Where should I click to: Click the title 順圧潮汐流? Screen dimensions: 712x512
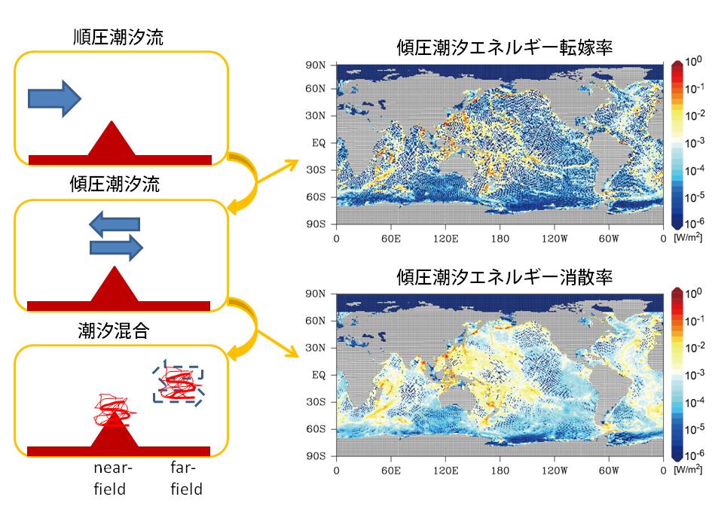tap(118, 37)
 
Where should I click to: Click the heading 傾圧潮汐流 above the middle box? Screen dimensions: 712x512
tap(115, 184)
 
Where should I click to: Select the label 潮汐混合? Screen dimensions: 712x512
tap(114, 331)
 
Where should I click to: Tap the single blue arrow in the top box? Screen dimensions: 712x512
tap(54, 99)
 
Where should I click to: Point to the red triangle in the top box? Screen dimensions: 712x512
tap(112, 139)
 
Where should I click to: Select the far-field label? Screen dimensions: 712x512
tap(186, 478)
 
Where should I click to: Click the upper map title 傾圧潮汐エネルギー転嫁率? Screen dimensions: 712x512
tap(505, 47)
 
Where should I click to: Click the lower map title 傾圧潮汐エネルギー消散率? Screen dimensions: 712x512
tap(505, 277)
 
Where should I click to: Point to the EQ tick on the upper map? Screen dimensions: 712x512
tap(319, 143)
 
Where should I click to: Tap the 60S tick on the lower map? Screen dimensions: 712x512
tap(316, 429)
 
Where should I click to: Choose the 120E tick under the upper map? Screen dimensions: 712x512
tap(445, 239)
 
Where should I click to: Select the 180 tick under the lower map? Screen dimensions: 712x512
tap(500, 471)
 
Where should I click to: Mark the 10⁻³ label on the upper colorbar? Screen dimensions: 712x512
tap(694, 142)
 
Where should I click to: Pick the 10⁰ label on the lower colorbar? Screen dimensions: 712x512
tap(693, 293)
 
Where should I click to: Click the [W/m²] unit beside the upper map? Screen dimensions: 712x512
tap(688, 237)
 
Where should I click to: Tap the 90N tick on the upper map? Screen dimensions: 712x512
tap(316, 66)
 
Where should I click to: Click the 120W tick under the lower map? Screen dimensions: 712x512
tap(555, 471)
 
